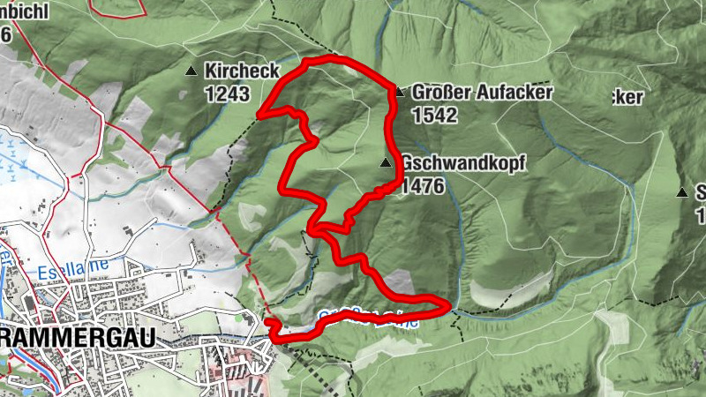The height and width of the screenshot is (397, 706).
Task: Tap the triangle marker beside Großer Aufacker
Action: point(399,92)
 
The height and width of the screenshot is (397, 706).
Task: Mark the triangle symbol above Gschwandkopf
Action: point(385,163)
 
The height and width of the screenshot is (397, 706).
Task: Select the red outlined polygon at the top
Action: point(118,7)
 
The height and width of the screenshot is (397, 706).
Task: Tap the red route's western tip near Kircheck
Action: point(259,113)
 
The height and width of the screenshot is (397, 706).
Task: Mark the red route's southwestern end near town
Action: point(269,325)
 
